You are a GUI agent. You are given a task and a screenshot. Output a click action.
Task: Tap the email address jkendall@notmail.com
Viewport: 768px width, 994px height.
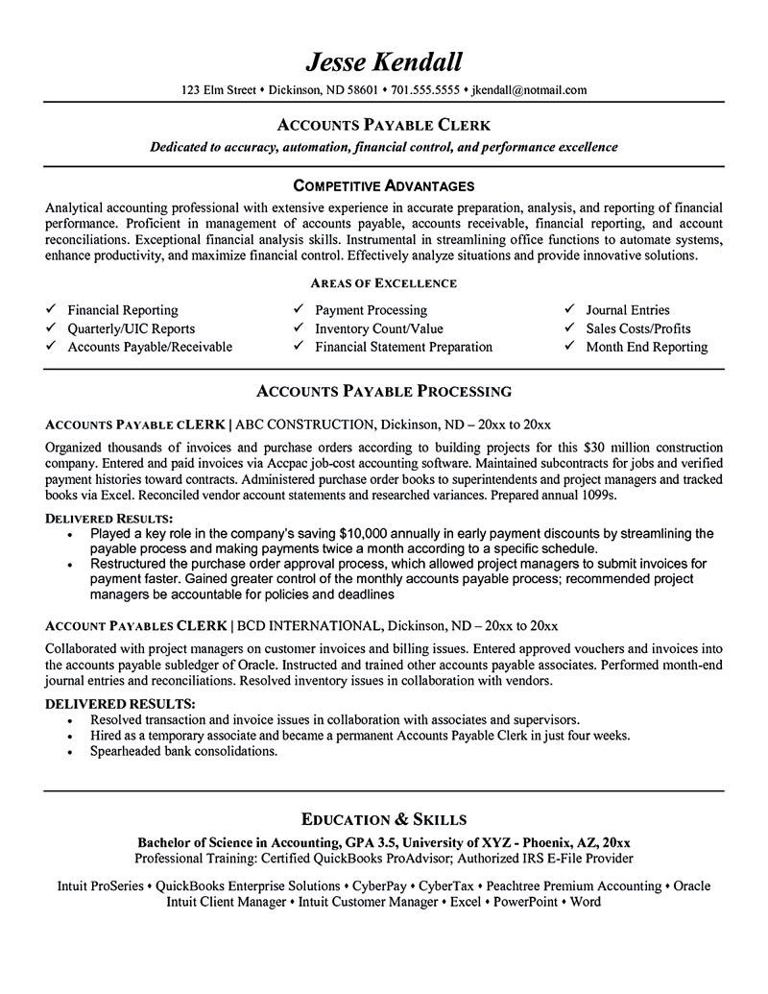(528, 90)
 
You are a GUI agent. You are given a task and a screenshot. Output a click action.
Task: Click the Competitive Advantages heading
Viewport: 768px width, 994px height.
(383, 183)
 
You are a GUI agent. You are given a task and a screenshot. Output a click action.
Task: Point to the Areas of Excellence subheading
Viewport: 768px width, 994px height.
(383, 283)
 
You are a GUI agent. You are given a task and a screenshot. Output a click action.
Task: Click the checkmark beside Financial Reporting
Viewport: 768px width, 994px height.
(50, 310)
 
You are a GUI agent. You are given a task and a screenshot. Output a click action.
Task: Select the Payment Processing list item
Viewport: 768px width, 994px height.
(371, 310)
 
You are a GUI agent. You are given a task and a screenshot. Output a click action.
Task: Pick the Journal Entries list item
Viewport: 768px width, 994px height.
(628, 310)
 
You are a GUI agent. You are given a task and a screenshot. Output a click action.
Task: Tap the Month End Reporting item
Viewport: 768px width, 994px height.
(646, 347)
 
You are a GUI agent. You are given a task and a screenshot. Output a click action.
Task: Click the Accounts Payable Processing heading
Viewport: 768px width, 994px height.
(383, 391)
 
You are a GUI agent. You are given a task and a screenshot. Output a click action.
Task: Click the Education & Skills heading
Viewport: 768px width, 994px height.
(383, 819)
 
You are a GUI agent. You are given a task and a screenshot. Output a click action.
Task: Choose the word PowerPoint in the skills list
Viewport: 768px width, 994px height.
(526, 903)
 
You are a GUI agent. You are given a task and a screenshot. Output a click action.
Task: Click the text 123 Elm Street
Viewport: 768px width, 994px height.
(219, 90)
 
